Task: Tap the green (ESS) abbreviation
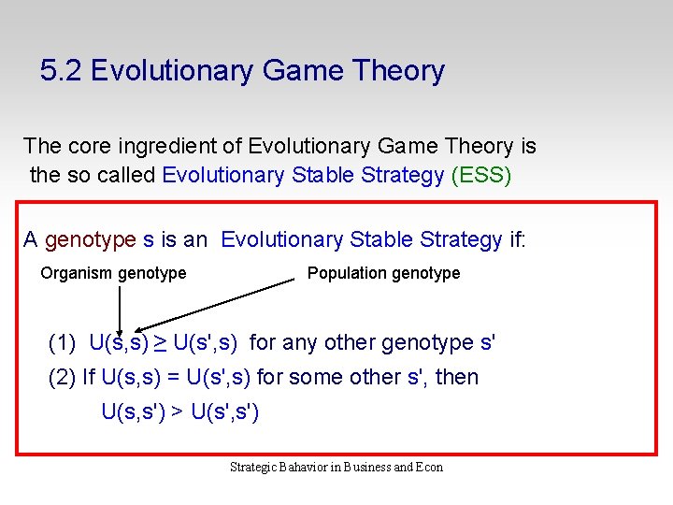480,175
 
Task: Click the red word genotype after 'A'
91,240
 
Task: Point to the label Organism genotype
113,273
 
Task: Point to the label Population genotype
383,273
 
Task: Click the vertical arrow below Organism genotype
120,309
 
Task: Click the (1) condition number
63,343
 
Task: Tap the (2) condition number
62,378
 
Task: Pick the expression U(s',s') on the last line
224,411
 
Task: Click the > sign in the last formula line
176,411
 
